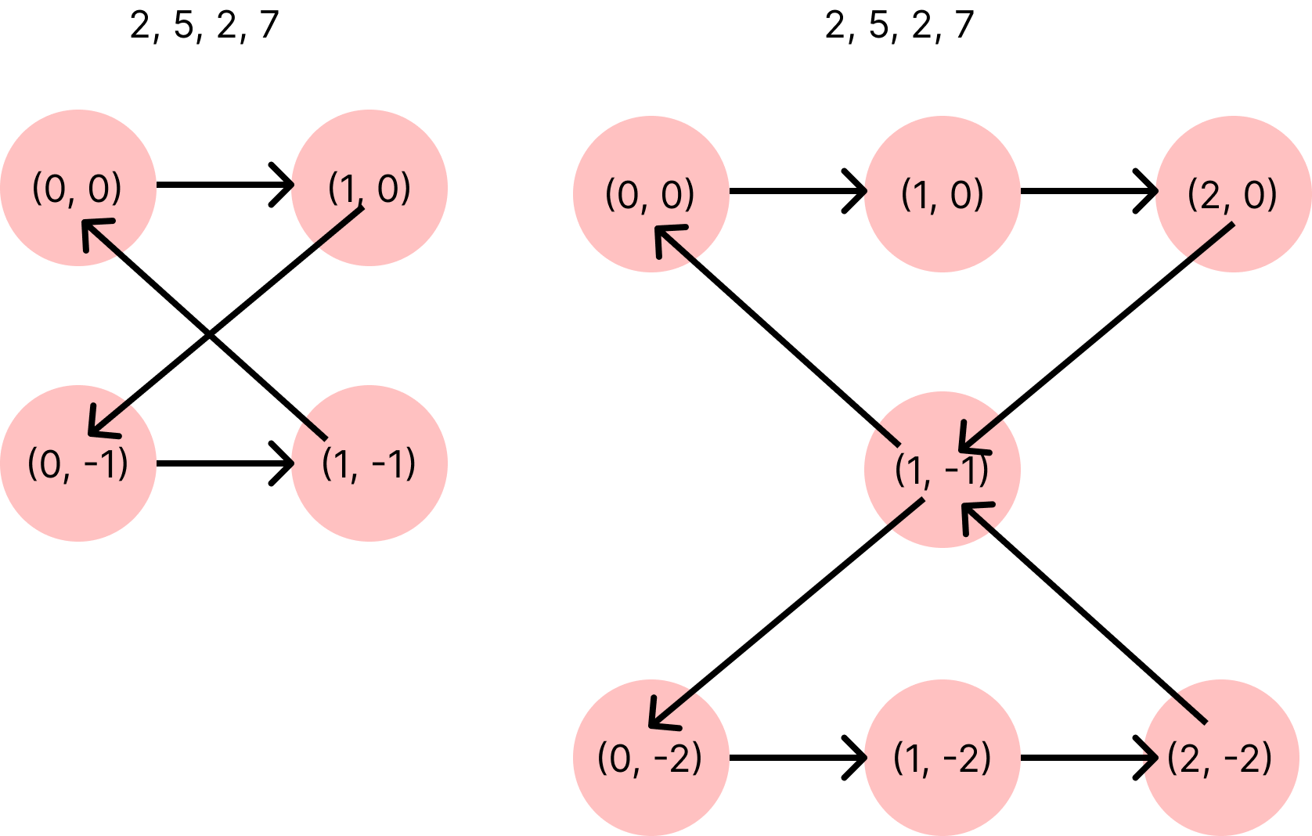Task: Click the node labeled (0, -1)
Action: (78, 463)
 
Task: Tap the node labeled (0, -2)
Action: (651, 757)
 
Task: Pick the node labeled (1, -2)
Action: (943, 757)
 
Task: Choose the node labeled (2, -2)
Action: (1221, 757)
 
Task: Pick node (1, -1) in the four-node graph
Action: (369, 463)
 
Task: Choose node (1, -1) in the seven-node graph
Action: (943, 469)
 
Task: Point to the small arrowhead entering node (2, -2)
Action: (1151, 757)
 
